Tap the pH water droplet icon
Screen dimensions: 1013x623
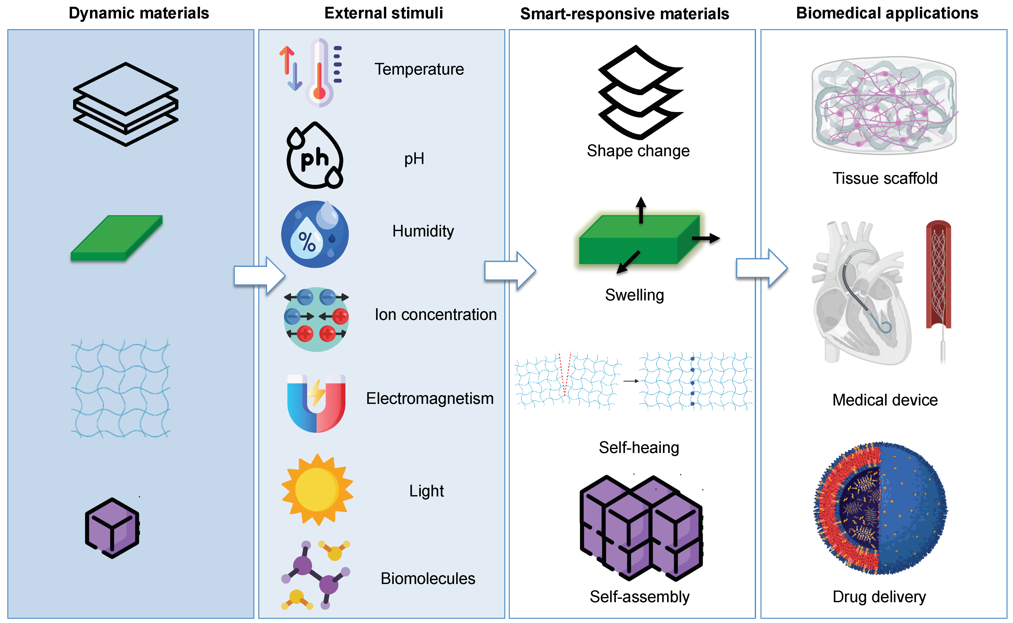315,156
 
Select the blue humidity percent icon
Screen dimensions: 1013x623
315,234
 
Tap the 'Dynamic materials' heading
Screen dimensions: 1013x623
139,13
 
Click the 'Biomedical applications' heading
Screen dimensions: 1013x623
887,13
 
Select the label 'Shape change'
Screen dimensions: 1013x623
638,151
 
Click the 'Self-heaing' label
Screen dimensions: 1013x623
639,448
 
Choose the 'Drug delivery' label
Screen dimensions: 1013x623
879,597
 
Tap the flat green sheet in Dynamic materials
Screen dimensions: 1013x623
117,238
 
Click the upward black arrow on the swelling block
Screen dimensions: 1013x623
641,210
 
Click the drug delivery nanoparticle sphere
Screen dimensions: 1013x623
881,508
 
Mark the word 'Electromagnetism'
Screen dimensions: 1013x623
430,398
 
